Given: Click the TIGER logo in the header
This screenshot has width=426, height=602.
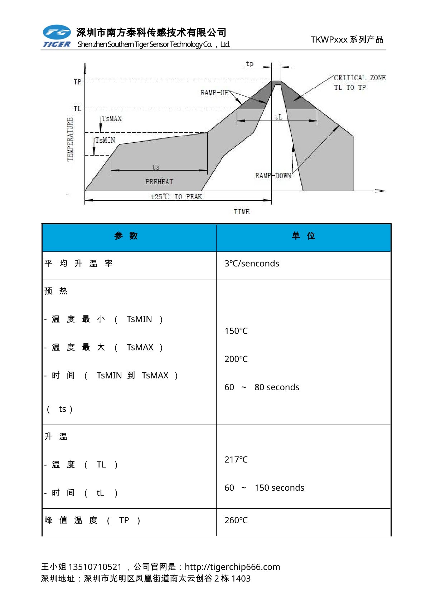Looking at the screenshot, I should coord(57,36).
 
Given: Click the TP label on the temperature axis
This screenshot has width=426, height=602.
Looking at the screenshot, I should coord(77,82).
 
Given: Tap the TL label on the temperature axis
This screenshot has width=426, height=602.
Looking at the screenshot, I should coord(77,109).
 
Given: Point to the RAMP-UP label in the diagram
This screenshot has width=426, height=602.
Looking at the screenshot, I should coord(214,93).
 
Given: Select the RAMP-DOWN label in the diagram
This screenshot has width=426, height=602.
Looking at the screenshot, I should coord(273,176).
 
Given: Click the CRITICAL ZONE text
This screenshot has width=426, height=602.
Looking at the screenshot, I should coord(359,78).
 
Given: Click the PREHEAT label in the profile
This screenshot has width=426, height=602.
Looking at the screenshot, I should coord(159,182).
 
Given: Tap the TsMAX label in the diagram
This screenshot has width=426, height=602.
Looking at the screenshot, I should coord(112,118).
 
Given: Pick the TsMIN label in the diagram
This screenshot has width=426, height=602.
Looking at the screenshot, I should coord(105,140).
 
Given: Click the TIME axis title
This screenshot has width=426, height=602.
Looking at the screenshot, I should coord(242,212).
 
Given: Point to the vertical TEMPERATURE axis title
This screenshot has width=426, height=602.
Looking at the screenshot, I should coord(70,139).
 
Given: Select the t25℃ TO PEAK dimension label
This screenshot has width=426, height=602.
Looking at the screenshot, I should coord(176,197).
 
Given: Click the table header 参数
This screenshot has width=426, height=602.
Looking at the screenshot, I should coord(126,236).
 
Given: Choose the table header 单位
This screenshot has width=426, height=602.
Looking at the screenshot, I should coord(303,236).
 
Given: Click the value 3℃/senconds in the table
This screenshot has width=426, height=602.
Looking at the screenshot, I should coord(252,263).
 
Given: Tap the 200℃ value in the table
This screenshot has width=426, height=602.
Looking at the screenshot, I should coord(236,359).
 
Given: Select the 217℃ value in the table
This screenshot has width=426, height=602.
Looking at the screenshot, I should coord(236,459).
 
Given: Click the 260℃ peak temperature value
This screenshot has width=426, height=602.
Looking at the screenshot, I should coord(236,520).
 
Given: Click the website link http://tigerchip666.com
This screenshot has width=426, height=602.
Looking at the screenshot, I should coord(232,567).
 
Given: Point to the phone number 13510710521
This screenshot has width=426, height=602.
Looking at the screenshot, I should coord(95,567).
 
